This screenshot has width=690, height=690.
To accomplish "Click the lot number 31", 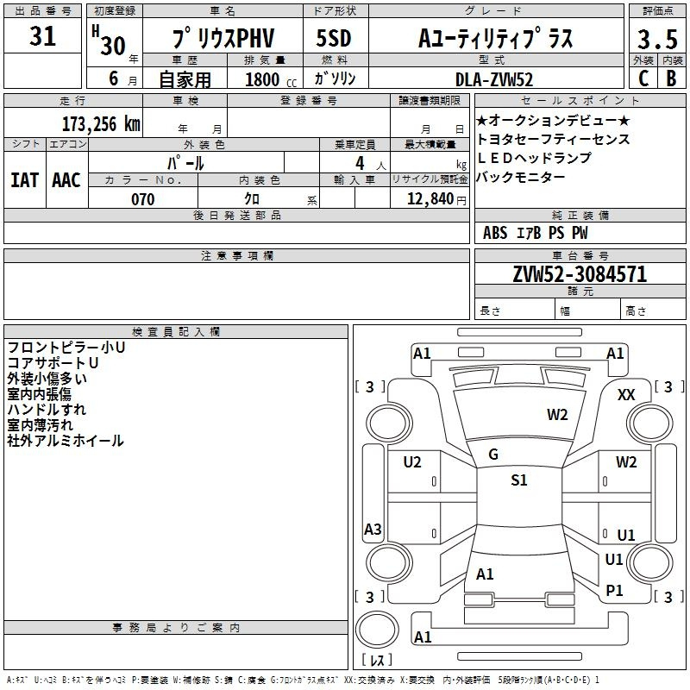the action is point(43,37).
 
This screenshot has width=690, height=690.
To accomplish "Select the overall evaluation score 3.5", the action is point(657,40).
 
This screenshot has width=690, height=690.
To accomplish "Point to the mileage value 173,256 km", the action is point(100,123).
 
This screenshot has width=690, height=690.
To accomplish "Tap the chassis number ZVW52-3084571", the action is point(580,274).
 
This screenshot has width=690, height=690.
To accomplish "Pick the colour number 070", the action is point(142,199).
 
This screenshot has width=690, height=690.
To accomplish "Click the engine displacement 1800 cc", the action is point(262,79).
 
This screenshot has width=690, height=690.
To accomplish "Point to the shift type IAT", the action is point(24,179).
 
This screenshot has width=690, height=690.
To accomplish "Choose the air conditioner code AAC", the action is point(66,179).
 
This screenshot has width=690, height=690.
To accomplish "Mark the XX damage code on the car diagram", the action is point(627,394).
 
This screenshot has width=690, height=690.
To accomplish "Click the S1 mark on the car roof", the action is point(518,480).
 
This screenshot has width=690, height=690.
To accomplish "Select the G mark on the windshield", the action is point(493,455).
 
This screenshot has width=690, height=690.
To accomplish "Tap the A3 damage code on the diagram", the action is point(373,530).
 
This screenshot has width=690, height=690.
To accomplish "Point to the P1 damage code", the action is point(615,590).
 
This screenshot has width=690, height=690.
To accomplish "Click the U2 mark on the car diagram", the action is point(412,462).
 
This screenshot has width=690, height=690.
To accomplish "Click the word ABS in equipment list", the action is point(495,232).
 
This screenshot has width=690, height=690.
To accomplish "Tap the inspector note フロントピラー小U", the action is point(66,348).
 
